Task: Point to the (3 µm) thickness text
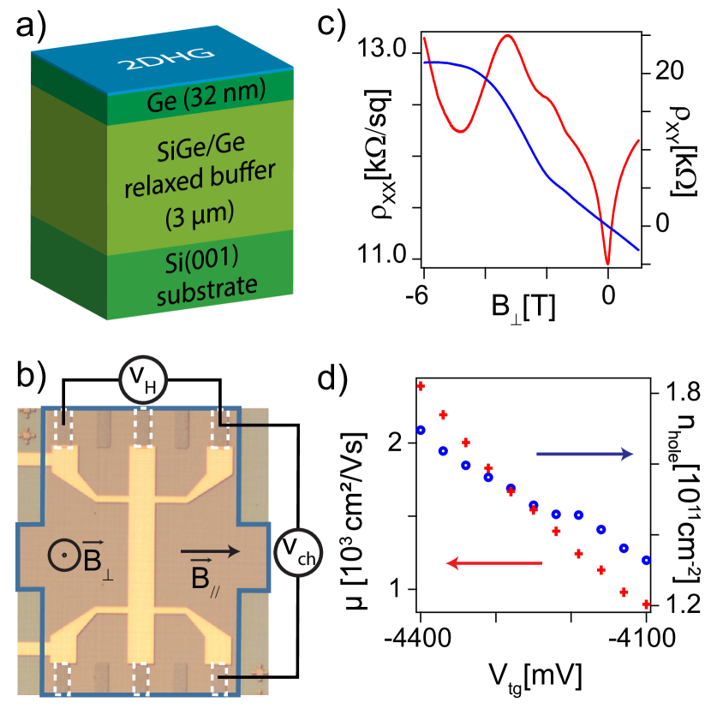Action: [x=199, y=211]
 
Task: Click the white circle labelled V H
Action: [x=144, y=380]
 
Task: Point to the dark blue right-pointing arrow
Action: [x=584, y=455]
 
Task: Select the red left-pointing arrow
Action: [x=495, y=562]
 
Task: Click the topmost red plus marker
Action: [x=421, y=386]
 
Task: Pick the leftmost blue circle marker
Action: [x=421, y=430]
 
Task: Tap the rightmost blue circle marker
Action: [x=646, y=561]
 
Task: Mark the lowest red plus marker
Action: [x=646, y=604]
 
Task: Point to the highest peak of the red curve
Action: [x=510, y=36]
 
